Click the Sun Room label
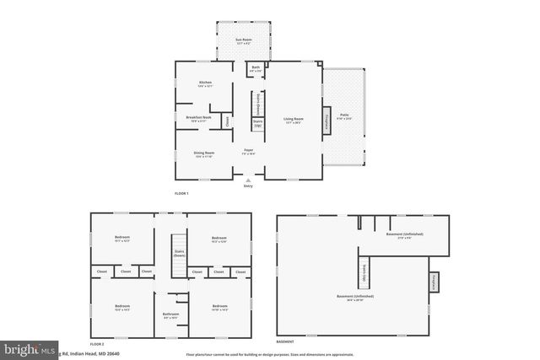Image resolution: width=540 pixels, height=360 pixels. coord(244,40)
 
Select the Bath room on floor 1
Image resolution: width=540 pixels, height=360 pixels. coord(256,69)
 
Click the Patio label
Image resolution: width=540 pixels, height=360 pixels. coord(344,116)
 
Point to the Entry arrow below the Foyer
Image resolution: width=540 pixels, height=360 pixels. coord(248,180)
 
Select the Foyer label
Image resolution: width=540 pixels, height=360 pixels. coord(248,152)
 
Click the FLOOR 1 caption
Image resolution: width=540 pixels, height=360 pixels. coord(181,194)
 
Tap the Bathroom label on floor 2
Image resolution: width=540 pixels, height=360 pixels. coord(171,315)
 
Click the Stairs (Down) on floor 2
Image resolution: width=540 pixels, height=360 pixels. coord(179,254)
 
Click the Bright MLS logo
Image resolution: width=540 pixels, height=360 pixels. coord(25,349)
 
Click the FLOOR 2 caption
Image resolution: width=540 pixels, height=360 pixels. coord(97,344)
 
